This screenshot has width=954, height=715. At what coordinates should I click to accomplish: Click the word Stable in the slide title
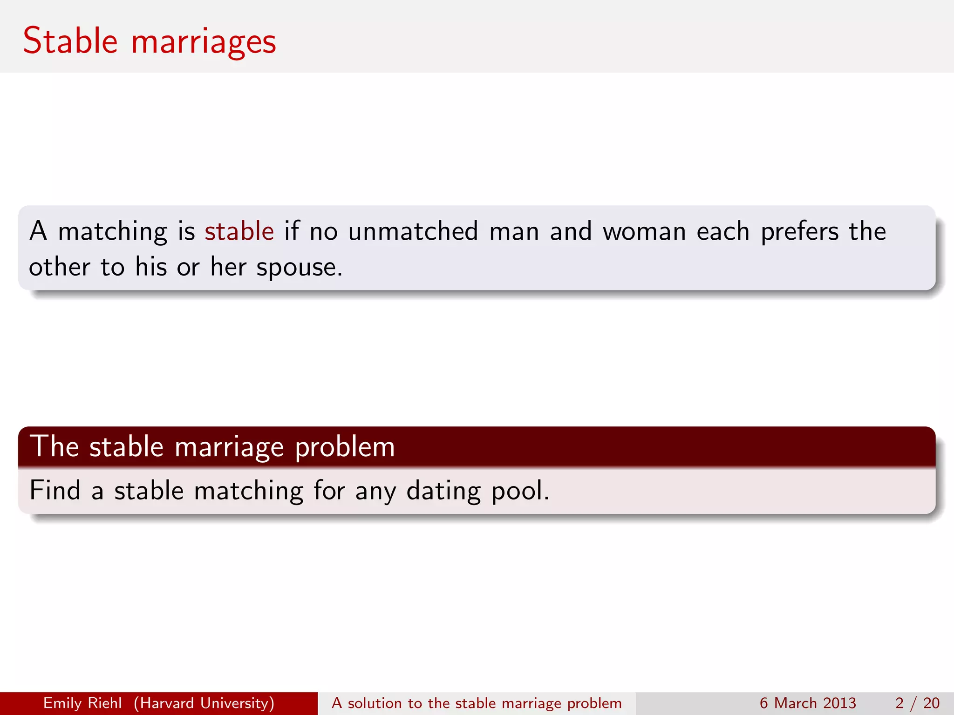point(70,41)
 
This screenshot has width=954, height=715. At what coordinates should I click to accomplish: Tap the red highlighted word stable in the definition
point(239,231)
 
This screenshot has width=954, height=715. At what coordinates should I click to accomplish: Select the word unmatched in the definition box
point(413,231)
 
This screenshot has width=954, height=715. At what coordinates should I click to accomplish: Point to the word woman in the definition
point(644,231)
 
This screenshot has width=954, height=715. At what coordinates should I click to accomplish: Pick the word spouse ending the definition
point(299,268)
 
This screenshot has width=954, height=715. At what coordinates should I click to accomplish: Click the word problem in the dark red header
point(345,447)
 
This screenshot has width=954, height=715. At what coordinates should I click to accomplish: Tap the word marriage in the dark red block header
point(229,447)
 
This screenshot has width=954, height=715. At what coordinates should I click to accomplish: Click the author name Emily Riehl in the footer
point(82,703)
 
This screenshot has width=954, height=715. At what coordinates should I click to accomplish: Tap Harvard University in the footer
point(204,703)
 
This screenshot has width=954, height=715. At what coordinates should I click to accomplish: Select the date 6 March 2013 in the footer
point(807,703)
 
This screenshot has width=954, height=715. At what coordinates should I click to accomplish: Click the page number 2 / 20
point(917,703)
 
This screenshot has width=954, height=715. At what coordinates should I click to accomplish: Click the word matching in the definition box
point(112,232)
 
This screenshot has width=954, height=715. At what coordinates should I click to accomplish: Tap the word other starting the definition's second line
point(59,267)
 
